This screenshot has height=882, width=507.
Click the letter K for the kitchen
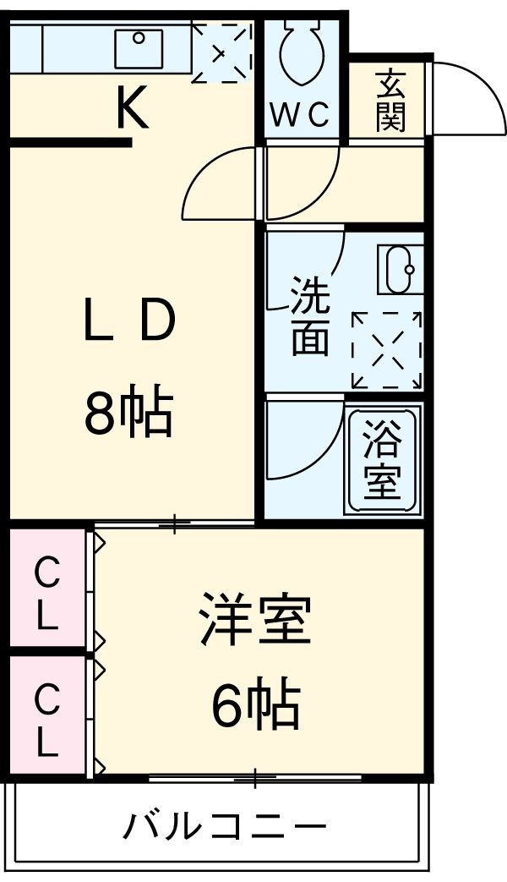click(x=132, y=109)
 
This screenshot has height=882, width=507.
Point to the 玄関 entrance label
click(x=390, y=100)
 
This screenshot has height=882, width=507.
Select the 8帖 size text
click(x=128, y=412)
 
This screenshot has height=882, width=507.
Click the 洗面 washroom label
click(x=309, y=315)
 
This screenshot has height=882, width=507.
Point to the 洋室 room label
click(x=254, y=622)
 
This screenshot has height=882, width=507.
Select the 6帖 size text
click(x=254, y=706)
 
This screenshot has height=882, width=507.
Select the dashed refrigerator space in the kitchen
click(x=221, y=52)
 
